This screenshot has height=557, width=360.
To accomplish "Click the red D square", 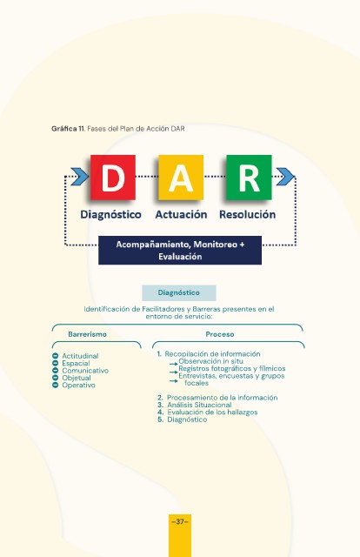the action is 113,178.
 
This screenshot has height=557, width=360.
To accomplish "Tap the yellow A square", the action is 181,178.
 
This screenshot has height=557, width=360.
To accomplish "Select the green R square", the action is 249,178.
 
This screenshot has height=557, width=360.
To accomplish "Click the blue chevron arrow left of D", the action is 80,177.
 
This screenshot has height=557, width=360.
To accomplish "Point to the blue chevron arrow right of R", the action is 285,177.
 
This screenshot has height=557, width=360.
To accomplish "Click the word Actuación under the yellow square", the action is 181,215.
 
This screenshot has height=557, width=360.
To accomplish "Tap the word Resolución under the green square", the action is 248,215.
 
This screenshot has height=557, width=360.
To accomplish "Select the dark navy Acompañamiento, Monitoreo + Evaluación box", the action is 180,250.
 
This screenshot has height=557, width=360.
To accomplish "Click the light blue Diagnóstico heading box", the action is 179,292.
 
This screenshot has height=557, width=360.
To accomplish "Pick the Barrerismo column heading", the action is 87,334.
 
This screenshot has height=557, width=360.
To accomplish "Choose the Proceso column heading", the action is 220,334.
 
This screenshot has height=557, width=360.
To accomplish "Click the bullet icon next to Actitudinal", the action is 55,356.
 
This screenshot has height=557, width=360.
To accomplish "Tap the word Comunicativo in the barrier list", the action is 85,371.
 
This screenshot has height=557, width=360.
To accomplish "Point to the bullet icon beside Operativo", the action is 55,385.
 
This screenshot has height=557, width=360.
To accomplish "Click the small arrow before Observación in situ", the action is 174,364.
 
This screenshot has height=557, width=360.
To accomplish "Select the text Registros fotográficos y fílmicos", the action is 232,368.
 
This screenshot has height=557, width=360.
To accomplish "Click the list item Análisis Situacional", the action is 199,405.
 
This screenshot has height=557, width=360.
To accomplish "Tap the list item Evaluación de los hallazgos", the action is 212,412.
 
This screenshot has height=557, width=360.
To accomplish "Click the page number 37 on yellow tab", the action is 180,522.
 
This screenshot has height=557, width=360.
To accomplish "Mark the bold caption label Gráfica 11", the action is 68,129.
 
